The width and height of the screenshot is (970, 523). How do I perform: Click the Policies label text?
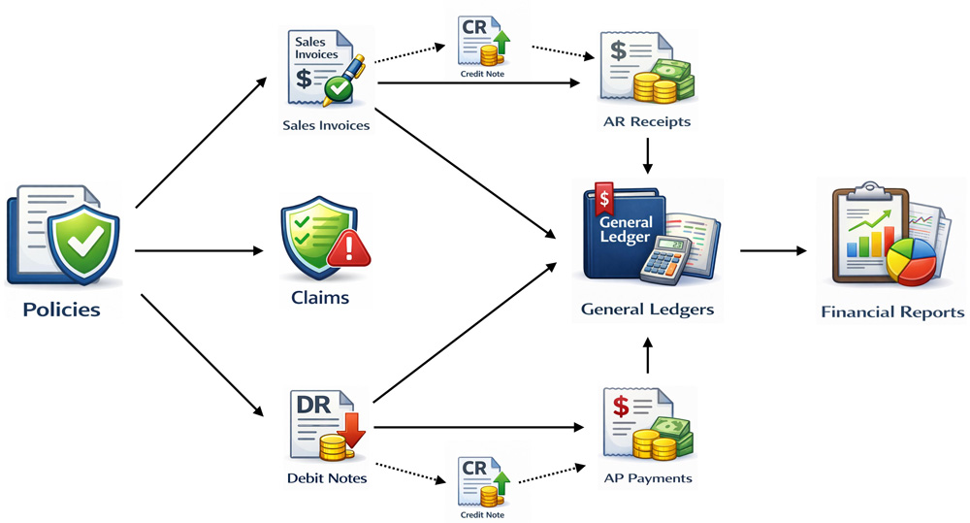click(x=62, y=311)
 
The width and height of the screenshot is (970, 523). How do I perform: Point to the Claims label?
click(x=320, y=298)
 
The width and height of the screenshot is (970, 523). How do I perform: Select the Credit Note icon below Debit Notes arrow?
click(x=482, y=474)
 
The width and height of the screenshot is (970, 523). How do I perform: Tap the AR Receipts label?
click(x=646, y=122)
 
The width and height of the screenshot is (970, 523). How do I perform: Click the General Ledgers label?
click(x=647, y=310)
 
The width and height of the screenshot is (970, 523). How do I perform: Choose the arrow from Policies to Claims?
click(x=199, y=250)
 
